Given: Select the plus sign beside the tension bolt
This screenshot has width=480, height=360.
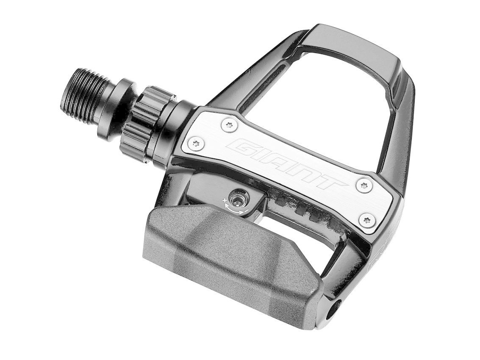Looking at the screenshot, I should click(x=224, y=200).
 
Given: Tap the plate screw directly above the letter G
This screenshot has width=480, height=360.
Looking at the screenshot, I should click(x=229, y=125).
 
